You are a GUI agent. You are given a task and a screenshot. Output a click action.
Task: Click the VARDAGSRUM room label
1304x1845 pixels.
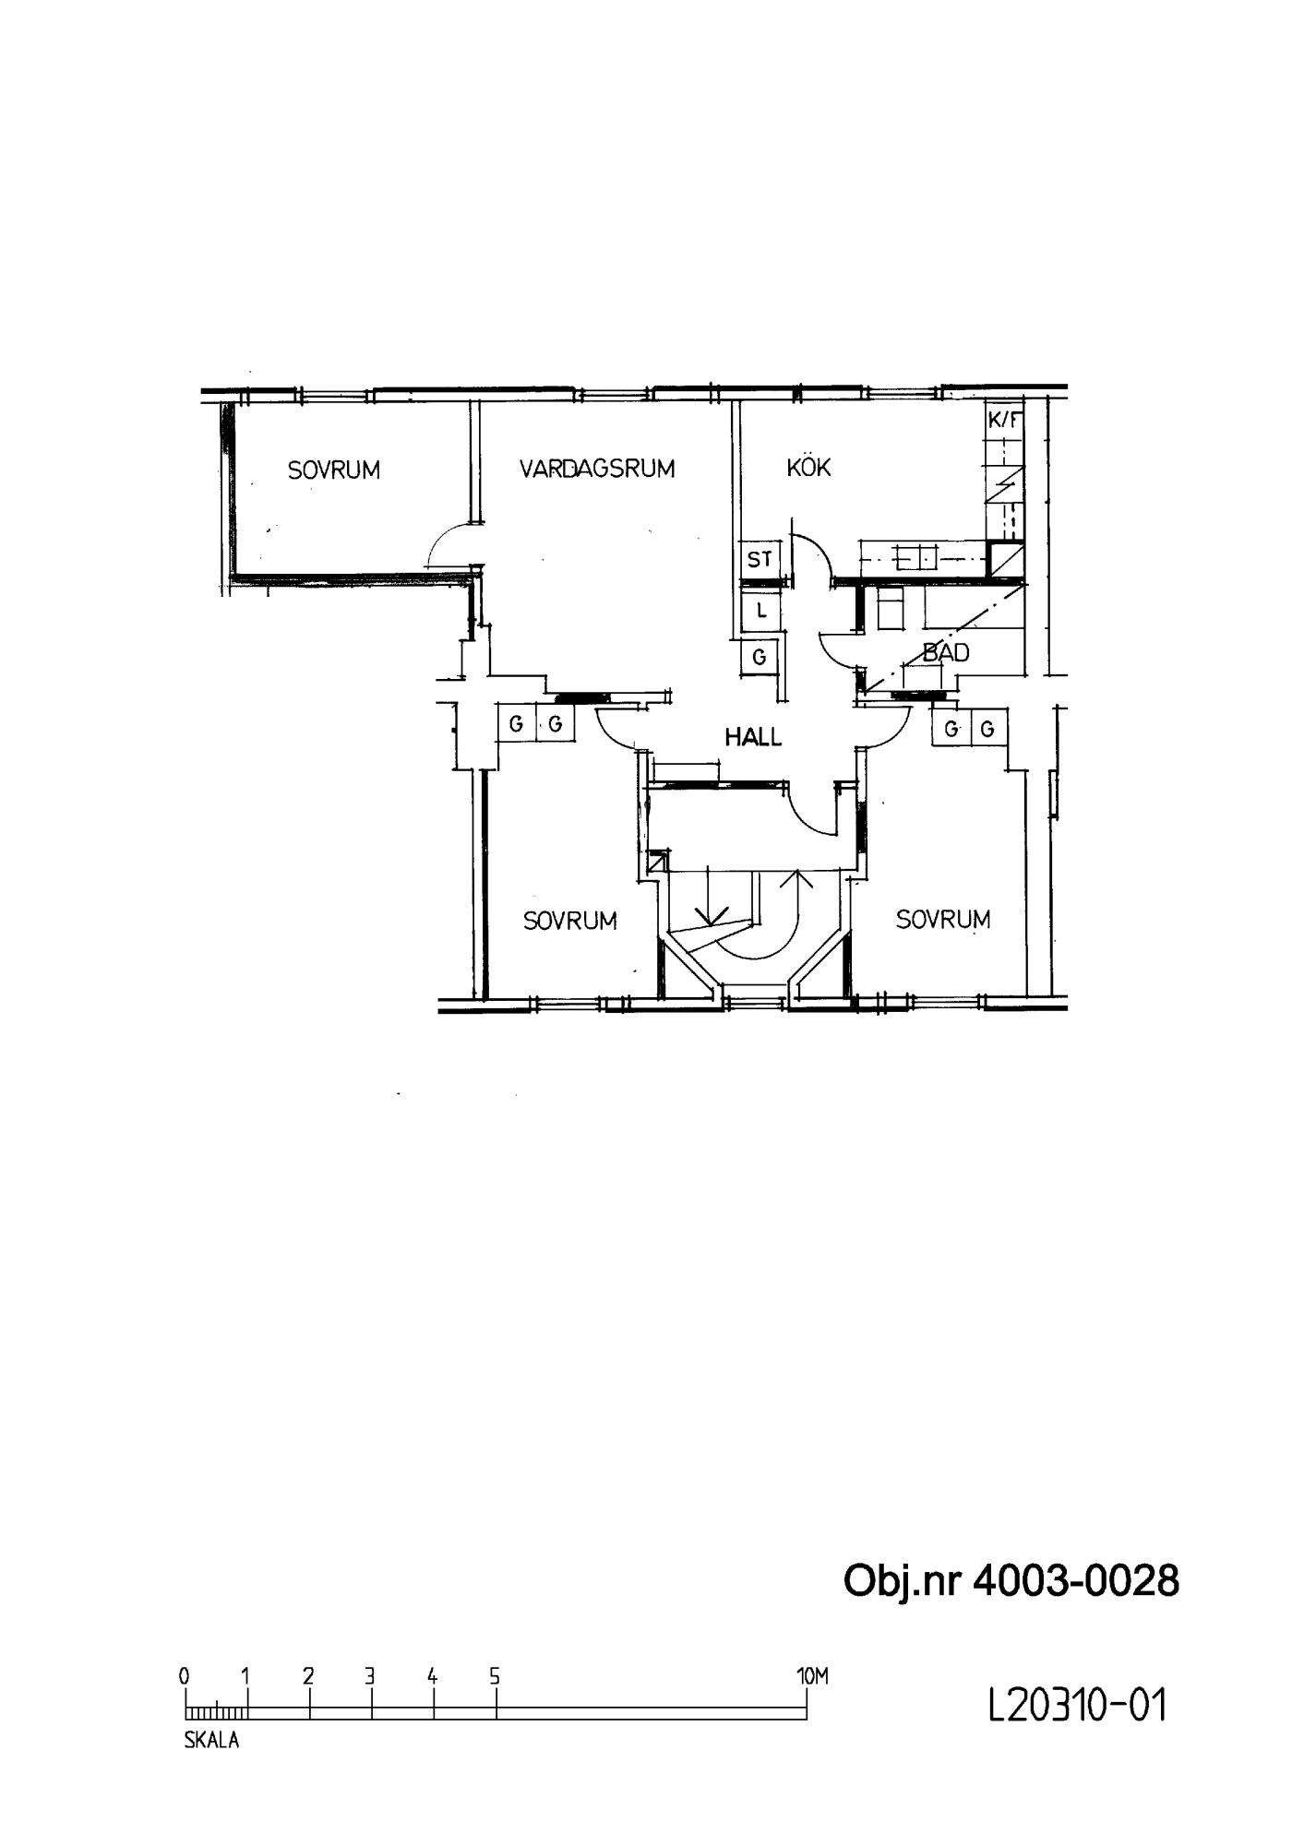tap(597, 469)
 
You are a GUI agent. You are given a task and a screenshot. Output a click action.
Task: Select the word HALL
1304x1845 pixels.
tap(753, 737)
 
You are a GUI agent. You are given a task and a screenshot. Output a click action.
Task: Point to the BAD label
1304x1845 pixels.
tap(946, 653)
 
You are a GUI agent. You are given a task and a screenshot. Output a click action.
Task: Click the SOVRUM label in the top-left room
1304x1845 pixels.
tap(334, 470)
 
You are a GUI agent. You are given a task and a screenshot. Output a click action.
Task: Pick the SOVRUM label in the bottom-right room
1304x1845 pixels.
tap(943, 920)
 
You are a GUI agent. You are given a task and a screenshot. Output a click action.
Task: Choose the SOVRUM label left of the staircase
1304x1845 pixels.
tap(570, 921)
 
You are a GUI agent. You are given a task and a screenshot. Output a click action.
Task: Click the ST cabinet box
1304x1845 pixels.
tap(760, 559)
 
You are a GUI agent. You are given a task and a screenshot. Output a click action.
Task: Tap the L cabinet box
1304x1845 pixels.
tap(761, 611)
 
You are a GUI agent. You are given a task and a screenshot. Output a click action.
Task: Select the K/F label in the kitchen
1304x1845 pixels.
tap(1005, 421)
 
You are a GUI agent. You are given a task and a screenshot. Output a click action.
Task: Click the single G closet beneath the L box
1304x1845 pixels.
tap(760, 657)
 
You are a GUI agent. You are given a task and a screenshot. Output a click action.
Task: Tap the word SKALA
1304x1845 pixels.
tap(211, 1742)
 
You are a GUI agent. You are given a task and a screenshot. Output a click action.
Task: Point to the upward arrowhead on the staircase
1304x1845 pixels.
tap(796, 877)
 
